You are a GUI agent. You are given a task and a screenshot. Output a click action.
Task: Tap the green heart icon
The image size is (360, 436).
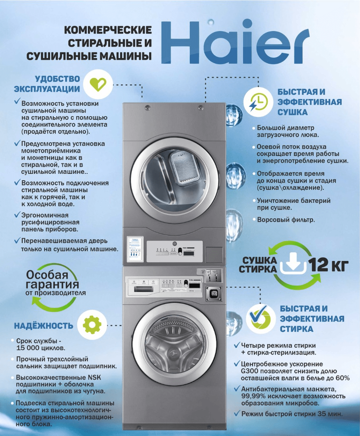97,84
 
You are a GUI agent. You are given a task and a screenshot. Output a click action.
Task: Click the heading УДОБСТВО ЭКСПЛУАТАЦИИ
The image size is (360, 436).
47,84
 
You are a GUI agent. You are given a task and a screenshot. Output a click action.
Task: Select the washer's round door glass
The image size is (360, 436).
174,343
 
